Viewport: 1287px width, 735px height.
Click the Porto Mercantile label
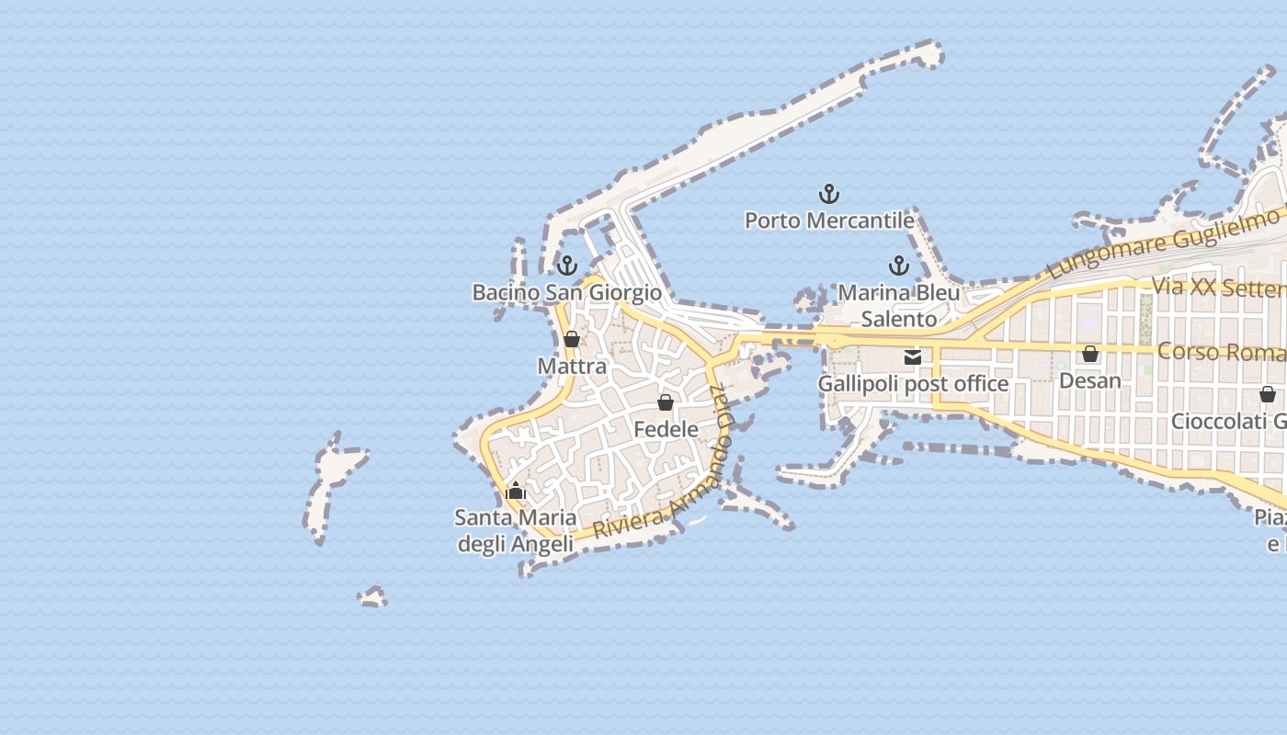pyautogui.click(x=829, y=220)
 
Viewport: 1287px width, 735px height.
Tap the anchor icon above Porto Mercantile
pyautogui.click(x=829, y=194)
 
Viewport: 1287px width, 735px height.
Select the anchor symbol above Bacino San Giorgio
pyautogui.click(x=567, y=266)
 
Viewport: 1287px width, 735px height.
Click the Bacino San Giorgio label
pyautogui.click(x=566, y=292)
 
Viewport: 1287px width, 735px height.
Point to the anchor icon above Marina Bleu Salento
pyautogui.click(x=899, y=266)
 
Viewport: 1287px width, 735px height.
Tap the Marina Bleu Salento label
pyautogui.click(x=899, y=306)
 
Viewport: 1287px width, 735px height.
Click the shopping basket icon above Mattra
pyautogui.click(x=572, y=339)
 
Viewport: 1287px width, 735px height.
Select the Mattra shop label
pyautogui.click(x=572, y=366)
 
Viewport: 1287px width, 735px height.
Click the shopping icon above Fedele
pyautogui.click(x=666, y=402)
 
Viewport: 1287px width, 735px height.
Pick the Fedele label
pyautogui.click(x=666, y=429)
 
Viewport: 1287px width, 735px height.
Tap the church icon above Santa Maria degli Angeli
pyautogui.click(x=516, y=491)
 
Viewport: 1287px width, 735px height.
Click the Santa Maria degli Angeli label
pyautogui.click(x=516, y=530)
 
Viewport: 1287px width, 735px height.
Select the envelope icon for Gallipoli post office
pyautogui.click(x=913, y=357)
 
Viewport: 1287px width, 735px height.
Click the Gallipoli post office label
pyautogui.click(x=913, y=383)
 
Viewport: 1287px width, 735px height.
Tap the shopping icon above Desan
pyautogui.click(x=1090, y=354)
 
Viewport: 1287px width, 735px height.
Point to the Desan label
pyautogui.click(x=1090, y=380)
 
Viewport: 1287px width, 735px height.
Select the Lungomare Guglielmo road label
pyautogui.click(x=1163, y=243)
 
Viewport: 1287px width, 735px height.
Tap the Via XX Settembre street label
pyautogui.click(x=1218, y=288)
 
